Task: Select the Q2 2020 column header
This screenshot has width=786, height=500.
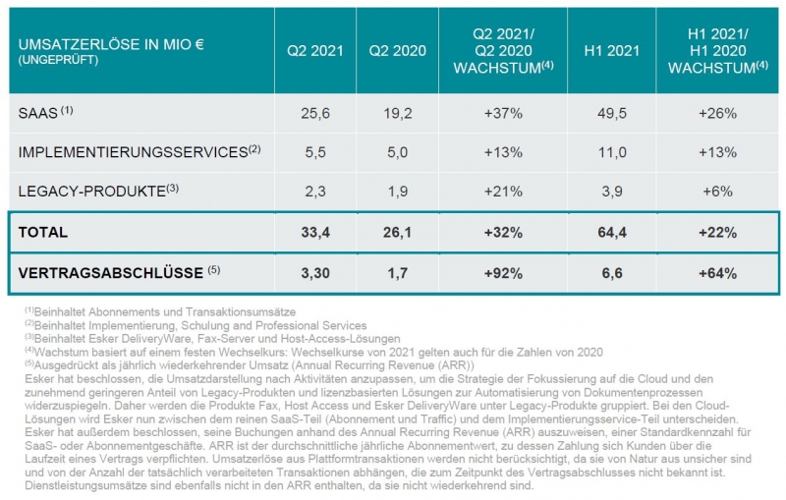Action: [399, 50]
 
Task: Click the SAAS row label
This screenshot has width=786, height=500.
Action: [38, 113]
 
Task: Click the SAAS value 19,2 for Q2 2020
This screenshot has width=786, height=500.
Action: [399, 114]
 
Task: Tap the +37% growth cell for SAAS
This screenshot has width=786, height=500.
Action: [501, 114]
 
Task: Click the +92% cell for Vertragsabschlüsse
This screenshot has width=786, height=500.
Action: [501, 272]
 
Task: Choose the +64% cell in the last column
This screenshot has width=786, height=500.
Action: [715, 272]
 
